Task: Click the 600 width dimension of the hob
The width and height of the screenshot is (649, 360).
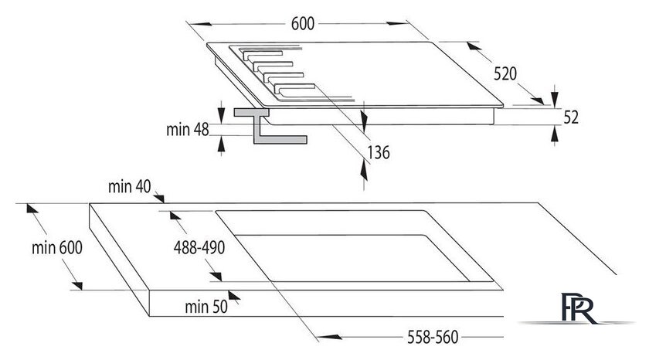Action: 303,24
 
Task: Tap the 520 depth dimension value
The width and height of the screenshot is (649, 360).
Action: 505,73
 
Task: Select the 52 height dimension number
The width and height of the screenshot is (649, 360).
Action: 571,117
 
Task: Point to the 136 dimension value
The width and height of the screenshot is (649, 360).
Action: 379,153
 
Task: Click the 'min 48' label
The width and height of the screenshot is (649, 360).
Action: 188,130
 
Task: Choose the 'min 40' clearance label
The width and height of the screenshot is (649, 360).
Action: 130,187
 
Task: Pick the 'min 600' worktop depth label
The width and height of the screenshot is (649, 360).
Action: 57,247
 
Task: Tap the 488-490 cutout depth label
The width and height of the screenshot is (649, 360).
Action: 199,247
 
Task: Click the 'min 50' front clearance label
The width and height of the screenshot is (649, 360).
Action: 206,307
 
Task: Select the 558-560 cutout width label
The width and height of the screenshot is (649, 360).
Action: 433,338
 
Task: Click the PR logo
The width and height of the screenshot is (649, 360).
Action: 578,308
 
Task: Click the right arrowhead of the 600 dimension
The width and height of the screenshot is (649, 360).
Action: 397,23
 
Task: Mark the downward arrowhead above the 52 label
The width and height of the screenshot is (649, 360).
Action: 555,99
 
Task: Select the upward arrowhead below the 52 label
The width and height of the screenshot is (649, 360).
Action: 555,135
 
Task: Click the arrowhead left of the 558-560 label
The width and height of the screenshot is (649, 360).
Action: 329,337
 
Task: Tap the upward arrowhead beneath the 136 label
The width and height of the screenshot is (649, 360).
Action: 364,171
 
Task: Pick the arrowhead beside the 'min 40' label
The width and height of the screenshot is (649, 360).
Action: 159,197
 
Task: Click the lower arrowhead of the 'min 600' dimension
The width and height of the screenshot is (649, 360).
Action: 77,286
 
